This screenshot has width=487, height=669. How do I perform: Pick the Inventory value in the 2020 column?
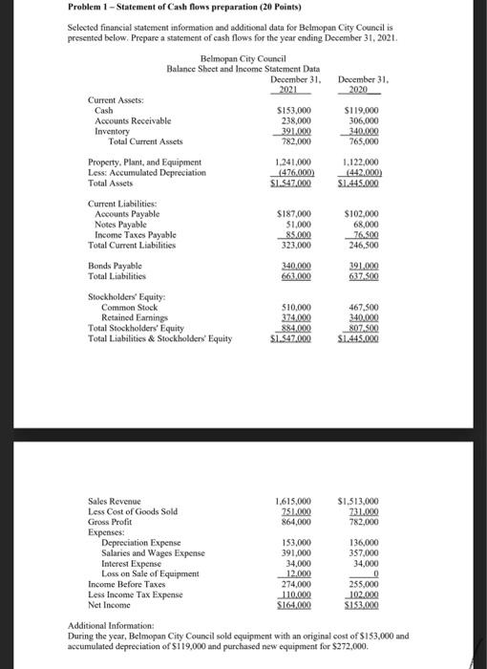363,132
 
